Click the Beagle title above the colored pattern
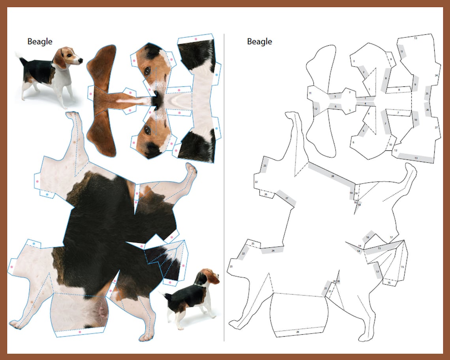point(39,41)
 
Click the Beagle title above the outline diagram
point(259,41)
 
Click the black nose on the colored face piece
point(157,101)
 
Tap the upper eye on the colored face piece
point(147,70)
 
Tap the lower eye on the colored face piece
point(147,130)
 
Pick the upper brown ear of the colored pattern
point(102,65)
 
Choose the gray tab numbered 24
point(272,250)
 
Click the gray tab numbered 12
point(316,109)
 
